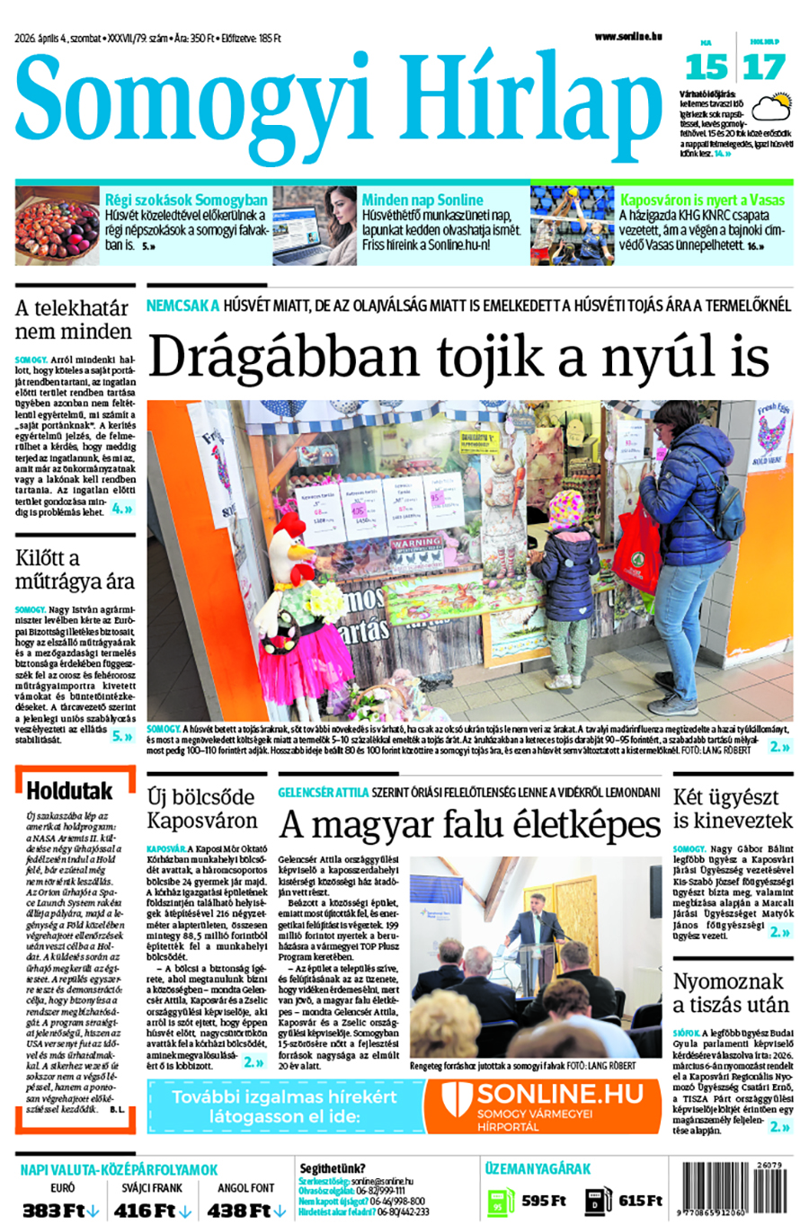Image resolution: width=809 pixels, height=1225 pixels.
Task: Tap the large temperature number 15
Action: (x=706, y=67)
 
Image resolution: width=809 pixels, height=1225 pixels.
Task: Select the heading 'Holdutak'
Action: (x=69, y=791)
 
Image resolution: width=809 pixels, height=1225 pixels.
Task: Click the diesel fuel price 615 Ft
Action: (x=640, y=1201)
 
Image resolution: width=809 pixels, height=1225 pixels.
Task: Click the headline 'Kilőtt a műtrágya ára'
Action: (x=75, y=569)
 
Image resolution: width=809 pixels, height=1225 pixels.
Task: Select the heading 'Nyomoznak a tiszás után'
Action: (x=731, y=992)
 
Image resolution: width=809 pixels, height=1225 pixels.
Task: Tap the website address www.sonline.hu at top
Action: (x=627, y=37)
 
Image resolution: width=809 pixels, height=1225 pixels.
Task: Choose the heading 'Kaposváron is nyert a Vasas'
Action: (x=702, y=200)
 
